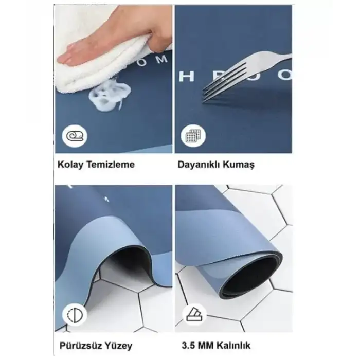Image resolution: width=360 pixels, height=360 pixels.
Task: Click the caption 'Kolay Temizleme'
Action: pos(97,165)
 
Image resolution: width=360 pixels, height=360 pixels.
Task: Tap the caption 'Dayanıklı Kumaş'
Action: pos(216,165)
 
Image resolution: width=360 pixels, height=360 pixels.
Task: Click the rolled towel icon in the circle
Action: pos(75,137)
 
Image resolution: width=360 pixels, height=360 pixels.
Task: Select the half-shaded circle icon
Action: pos(75,314)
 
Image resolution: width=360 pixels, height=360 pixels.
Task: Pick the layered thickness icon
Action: pos(194,314)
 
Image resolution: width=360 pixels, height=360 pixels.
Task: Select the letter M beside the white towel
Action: pos(161,60)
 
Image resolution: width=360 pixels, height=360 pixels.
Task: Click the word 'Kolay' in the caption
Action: pos(70,165)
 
